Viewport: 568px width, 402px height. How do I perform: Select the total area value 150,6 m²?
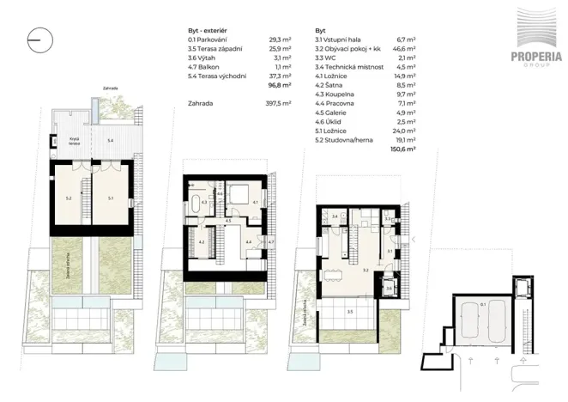tap(402, 149)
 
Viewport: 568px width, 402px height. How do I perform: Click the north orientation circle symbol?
tap(39, 37)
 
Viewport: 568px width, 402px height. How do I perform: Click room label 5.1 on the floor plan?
tap(110, 198)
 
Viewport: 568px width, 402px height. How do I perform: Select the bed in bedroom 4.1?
tap(243, 194)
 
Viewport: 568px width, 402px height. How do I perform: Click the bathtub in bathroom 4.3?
tap(198, 205)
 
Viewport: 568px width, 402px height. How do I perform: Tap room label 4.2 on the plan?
tap(201, 243)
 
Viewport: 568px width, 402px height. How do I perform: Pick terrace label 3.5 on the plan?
tap(349, 313)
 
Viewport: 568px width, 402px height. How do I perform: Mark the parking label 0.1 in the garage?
tap(483, 303)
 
